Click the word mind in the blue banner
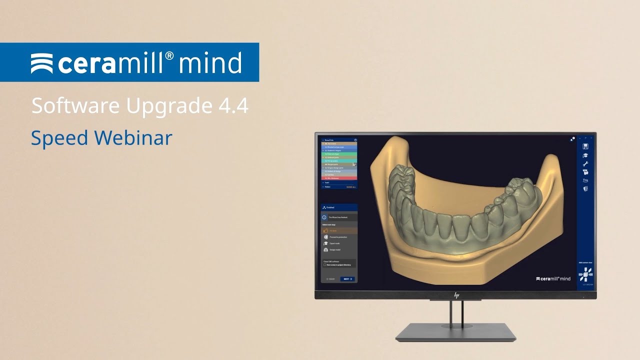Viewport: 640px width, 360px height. (210, 63)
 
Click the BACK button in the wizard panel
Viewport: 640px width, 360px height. (330, 279)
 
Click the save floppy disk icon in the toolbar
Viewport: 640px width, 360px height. (585, 146)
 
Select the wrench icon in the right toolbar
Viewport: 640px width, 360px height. (585, 163)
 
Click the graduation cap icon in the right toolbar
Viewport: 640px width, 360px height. (585, 155)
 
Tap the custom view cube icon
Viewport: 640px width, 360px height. (585, 273)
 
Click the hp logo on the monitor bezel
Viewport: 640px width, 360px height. (456, 295)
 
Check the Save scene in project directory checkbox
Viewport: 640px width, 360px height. (325, 265)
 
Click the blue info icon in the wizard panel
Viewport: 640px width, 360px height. (324, 217)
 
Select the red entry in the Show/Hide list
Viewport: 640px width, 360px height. (339, 178)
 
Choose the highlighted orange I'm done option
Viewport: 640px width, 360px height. (339, 231)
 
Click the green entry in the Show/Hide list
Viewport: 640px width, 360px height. (339, 154)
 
